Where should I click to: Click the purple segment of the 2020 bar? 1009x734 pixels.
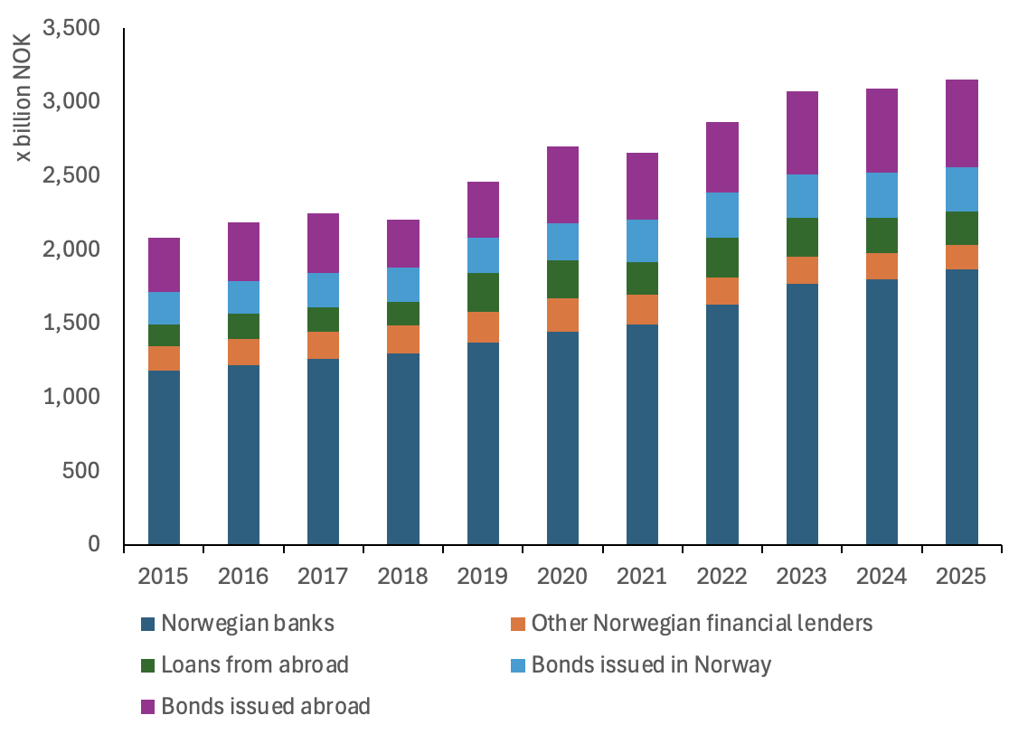coord(562,184)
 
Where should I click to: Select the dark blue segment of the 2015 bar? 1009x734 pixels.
coord(164,456)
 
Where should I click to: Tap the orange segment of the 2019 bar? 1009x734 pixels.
coord(483,327)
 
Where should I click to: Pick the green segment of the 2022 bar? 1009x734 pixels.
coord(721,258)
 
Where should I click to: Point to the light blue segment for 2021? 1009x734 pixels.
coord(642,240)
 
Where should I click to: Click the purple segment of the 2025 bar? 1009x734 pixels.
coord(961,123)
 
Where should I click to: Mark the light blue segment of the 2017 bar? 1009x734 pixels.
coord(323,290)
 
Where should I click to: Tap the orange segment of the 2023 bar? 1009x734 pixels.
coord(802,270)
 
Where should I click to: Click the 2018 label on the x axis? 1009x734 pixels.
coord(403,577)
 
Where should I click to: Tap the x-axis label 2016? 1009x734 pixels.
coord(243,577)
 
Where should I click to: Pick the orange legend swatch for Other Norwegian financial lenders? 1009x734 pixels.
coord(518,624)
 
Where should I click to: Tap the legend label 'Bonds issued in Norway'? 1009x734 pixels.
coord(651,664)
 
